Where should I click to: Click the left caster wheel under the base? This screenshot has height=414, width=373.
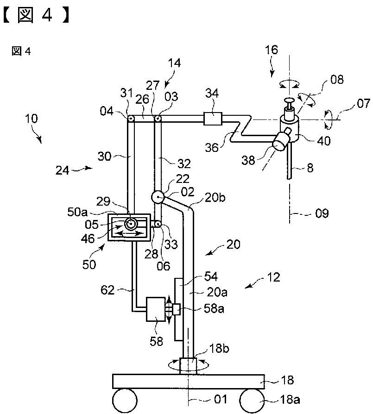pyautogui.click(x=125, y=400)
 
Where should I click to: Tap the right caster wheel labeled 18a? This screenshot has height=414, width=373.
pyautogui.click(x=252, y=400)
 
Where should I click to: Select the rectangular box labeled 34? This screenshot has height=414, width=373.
pyautogui.click(x=213, y=119)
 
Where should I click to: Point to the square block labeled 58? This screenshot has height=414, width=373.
pyautogui.click(x=156, y=309)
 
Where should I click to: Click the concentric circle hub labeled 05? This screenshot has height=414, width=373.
pyautogui.click(x=131, y=224)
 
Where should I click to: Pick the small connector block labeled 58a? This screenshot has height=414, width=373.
pyautogui.click(x=176, y=309)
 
